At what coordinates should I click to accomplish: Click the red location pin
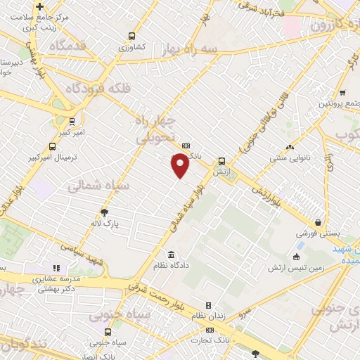tap(181, 165)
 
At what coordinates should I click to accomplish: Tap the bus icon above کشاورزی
tap(131, 37)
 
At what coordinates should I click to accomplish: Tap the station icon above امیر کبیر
tap(73, 120)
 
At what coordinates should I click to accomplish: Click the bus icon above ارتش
tap(221, 160)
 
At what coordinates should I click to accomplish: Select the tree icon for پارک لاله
tap(105, 212)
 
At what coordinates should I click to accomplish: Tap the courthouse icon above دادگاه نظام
tap(171, 254)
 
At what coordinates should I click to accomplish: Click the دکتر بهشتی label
tap(60, 289)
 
